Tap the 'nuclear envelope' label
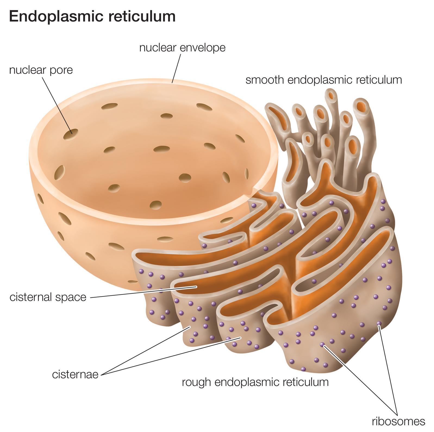click(182, 48)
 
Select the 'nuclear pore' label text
click(41, 70)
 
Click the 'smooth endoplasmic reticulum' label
click(324, 80)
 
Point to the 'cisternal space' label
click(48, 297)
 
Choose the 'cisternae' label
click(75, 375)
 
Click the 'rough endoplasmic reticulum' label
click(255, 382)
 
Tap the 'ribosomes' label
click(398, 421)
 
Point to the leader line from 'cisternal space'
click(143, 292)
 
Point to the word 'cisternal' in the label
click(32, 297)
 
